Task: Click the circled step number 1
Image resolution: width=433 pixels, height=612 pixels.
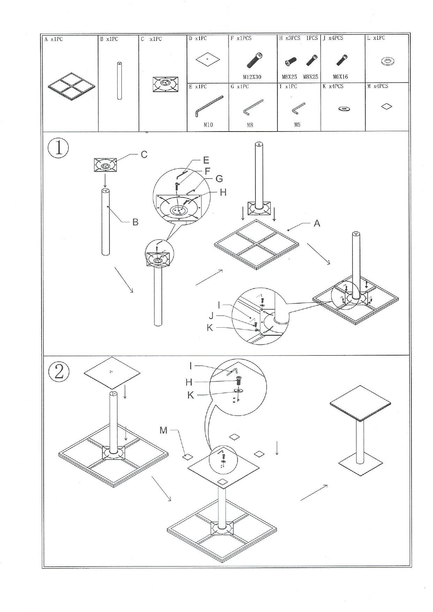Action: [x=58, y=148]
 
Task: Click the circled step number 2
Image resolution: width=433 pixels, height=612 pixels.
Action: [x=59, y=372]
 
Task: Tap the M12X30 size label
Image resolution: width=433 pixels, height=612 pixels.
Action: [x=252, y=77]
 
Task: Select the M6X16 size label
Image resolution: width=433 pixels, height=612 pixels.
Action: [x=340, y=77]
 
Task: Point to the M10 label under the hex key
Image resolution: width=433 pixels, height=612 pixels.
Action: [x=208, y=125]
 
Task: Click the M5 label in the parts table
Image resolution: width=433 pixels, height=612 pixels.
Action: [x=297, y=124]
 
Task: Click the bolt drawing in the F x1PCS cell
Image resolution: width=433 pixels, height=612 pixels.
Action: [x=255, y=60]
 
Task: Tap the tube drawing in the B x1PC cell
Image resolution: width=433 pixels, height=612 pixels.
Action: [x=119, y=81]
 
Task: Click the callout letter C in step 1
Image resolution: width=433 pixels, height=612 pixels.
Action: [x=144, y=155]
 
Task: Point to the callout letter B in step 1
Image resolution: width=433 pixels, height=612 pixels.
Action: [x=135, y=222]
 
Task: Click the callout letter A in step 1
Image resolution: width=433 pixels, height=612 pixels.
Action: [x=317, y=223]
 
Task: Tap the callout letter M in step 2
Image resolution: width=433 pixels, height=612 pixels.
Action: [x=163, y=430]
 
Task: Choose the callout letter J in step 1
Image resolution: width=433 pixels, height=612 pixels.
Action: [x=211, y=316]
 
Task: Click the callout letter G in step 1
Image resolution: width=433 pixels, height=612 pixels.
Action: [x=219, y=179]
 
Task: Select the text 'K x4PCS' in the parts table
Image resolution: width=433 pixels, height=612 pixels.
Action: [x=333, y=86]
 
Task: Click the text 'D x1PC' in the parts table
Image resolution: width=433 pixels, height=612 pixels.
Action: [x=198, y=38]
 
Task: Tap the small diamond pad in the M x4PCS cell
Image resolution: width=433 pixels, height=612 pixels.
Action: [x=386, y=106]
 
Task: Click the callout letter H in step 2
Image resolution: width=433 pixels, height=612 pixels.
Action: [x=189, y=382]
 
